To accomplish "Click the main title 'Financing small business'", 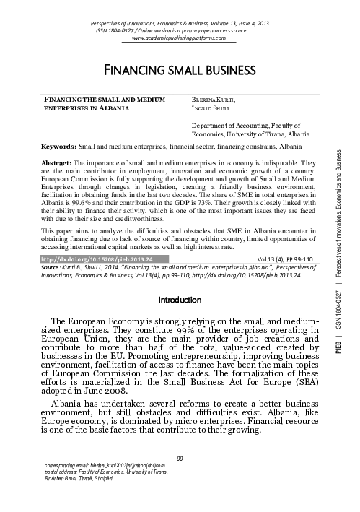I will pyautogui.click(x=181, y=70).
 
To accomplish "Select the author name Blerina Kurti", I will pyautogui.click(x=207, y=97).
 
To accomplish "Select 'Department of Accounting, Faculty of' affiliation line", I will pyautogui.click(x=231, y=124).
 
